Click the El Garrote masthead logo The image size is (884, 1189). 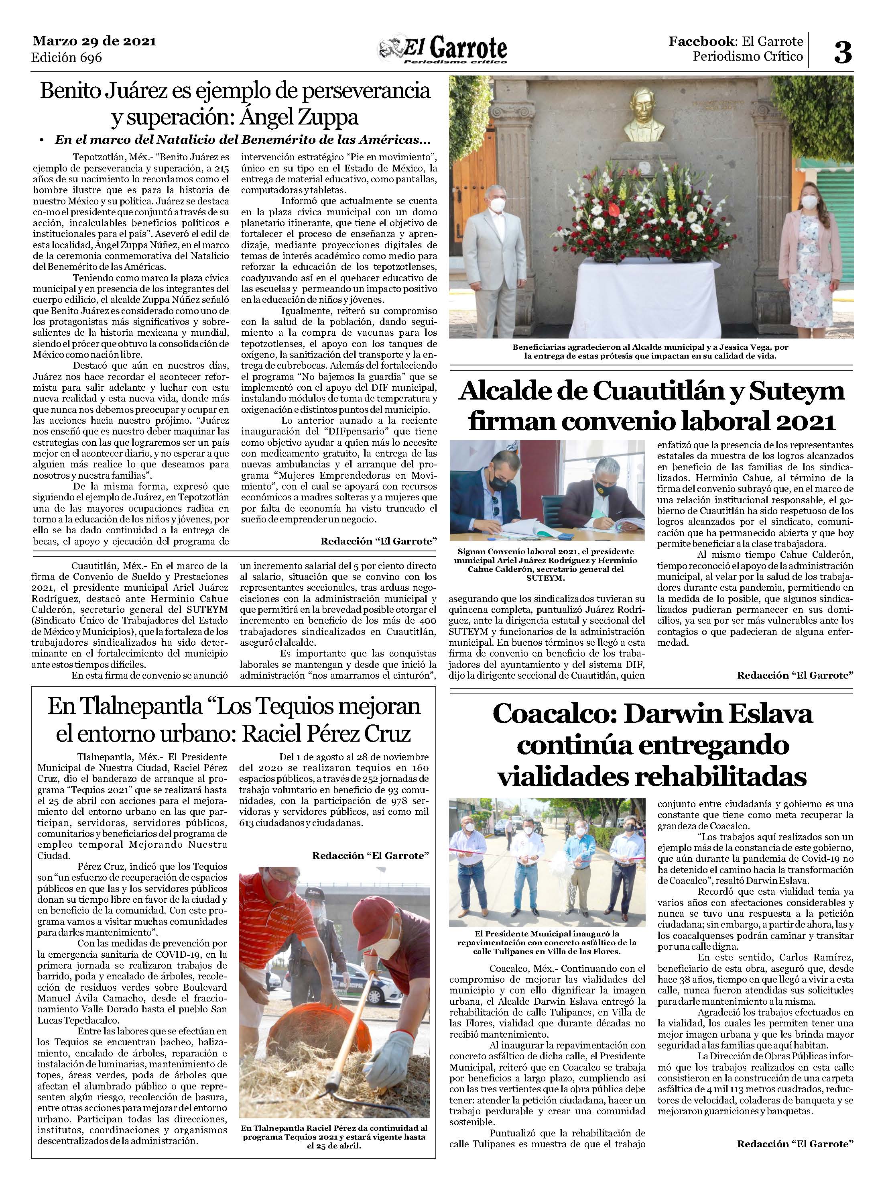coord(444,51)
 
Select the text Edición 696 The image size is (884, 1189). coord(67,57)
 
